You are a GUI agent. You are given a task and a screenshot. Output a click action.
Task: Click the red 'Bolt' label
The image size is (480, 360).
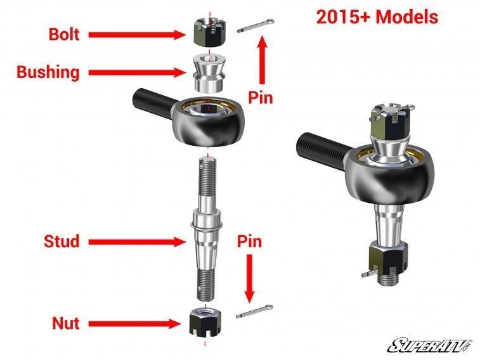[64, 34]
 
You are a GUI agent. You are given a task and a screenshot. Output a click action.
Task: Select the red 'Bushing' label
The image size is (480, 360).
[48, 72]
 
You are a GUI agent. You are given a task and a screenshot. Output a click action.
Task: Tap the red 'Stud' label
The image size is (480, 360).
[62, 241]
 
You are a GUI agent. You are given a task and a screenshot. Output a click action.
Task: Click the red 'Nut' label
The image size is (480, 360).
[65, 323]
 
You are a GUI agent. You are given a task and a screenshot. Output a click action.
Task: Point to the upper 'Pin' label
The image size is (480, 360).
[260, 98]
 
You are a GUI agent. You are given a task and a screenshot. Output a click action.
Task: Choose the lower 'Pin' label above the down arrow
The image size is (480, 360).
[249, 241]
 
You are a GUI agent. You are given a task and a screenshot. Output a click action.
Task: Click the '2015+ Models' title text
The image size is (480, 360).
[377, 17]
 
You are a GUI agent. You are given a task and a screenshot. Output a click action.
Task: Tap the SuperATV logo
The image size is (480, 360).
[430, 345]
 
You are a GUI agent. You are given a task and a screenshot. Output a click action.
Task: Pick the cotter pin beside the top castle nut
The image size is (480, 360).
[256, 29]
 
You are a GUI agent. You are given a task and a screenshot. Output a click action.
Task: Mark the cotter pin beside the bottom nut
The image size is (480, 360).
[256, 311]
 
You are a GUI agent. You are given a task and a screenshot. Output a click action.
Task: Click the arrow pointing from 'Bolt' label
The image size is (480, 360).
[136, 34]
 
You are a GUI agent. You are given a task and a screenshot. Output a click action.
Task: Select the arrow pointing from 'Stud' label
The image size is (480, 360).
[136, 241]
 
